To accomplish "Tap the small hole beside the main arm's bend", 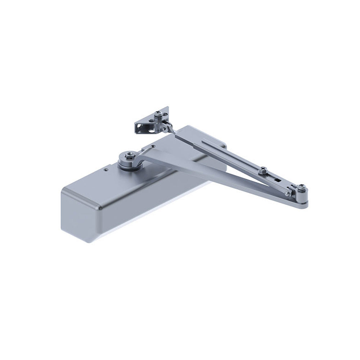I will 154,146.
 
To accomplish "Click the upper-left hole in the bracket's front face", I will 138,126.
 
